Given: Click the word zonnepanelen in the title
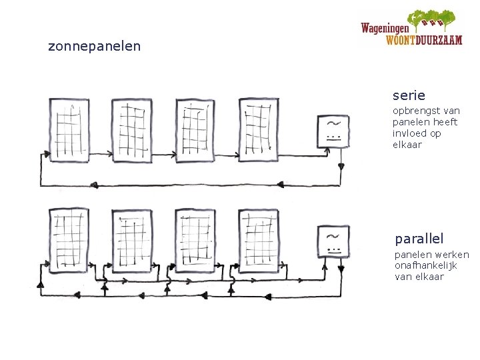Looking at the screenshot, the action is coord(94,47).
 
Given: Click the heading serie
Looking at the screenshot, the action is coord(408,96).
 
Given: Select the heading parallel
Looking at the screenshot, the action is coord(419,238).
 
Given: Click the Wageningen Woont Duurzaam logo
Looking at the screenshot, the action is coord(411,28).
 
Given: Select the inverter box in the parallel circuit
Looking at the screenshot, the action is coord(333,241).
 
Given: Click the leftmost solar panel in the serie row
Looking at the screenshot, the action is coord(68,129).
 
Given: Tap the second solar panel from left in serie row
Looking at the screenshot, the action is coord(131,129).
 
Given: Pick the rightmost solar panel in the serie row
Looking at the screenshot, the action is coord(259,129).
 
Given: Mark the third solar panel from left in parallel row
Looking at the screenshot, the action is coord(195,241).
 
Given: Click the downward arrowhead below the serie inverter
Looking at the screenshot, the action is coord(341,166).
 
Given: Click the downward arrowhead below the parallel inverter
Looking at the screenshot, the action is coord(341,269).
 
